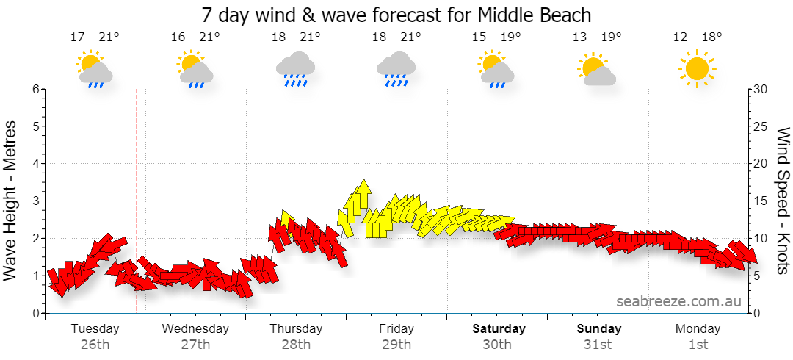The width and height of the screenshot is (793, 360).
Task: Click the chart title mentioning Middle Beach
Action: click(396, 15)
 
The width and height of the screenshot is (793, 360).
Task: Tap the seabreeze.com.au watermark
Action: click(678, 302)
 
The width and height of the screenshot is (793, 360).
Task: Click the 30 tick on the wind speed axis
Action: click(761, 89)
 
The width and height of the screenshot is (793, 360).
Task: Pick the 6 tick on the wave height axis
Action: click(35, 89)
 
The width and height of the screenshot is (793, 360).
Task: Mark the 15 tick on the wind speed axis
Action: click(760, 201)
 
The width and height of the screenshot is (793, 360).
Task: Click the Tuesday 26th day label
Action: click(95, 336)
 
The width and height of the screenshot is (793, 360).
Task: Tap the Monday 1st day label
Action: click(698, 336)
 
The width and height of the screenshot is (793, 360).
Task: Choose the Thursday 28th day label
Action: click(296, 336)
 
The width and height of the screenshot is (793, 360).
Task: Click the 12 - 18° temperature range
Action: click(698, 37)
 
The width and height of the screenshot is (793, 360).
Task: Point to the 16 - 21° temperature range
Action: click(196, 37)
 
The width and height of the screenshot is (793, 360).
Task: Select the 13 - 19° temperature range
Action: click(597, 37)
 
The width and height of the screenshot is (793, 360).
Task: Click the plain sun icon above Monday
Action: click(697, 68)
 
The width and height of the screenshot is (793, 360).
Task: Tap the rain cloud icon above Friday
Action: click(396, 68)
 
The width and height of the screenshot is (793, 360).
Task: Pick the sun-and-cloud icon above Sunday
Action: click(597, 69)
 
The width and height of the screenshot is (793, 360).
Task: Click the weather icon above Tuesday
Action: click(95, 69)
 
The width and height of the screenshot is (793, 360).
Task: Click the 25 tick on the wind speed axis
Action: click(761, 126)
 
